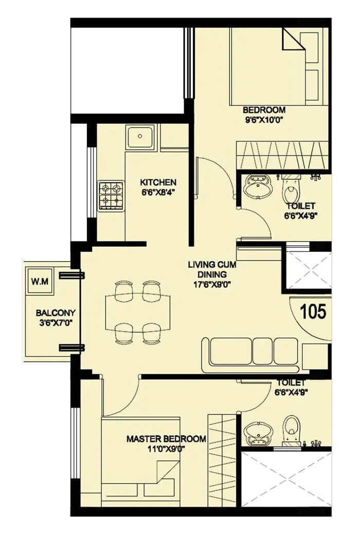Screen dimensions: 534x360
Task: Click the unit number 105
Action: pos(313,312)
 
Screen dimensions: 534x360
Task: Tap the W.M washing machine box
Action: pos(38,282)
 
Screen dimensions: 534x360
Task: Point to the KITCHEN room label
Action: pos(158,182)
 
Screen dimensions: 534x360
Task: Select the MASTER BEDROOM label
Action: pos(166,439)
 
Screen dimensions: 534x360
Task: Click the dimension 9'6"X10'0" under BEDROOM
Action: pos(263,120)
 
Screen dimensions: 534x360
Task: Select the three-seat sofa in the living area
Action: pos(250,354)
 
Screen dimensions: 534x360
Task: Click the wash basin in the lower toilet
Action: pos(256,433)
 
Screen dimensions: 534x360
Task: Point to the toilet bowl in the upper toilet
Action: pos(291,191)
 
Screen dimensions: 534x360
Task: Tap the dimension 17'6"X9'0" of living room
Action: pos(208,284)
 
